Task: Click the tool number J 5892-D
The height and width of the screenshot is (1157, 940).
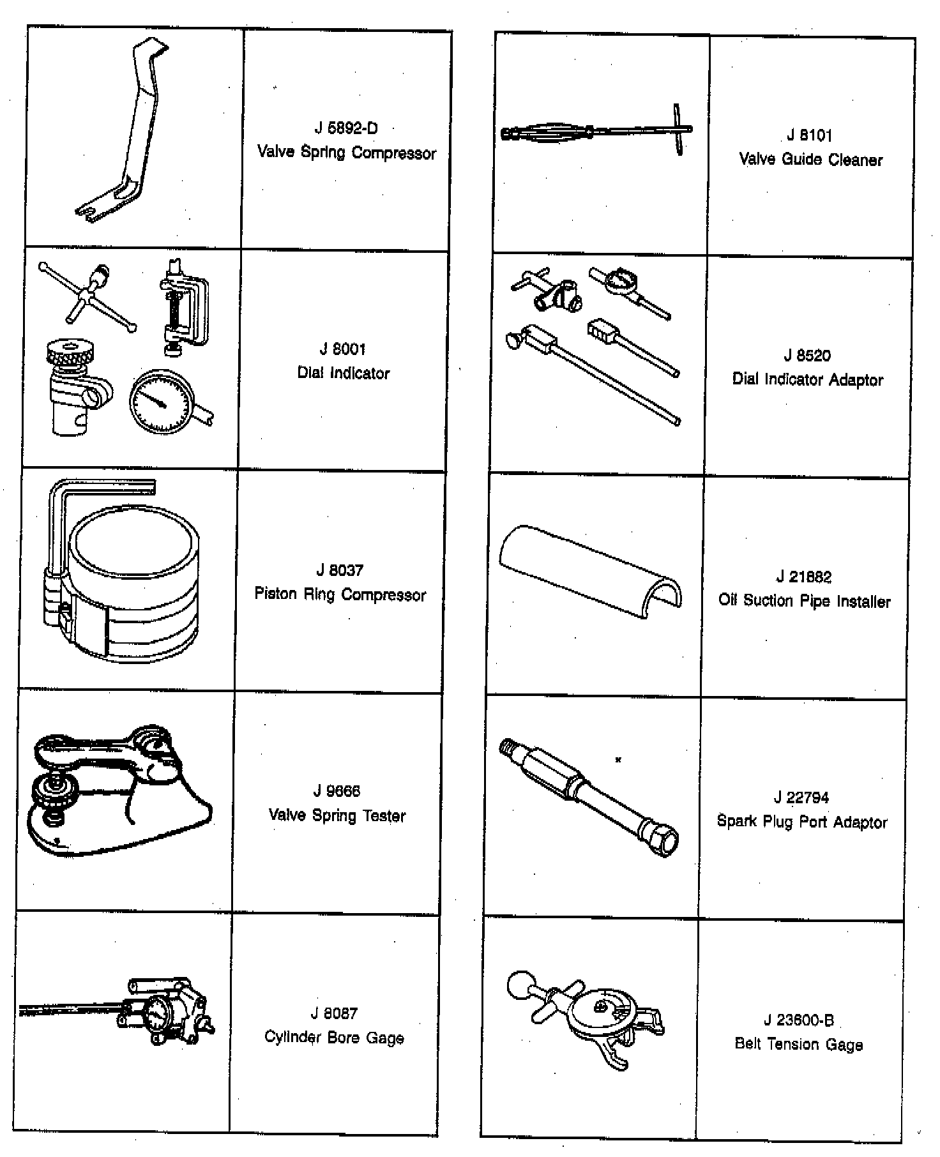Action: pyautogui.click(x=346, y=128)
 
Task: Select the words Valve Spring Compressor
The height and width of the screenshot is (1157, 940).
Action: pyautogui.click(x=346, y=153)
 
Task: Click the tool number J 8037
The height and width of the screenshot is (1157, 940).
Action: pyautogui.click(x=340, y=570)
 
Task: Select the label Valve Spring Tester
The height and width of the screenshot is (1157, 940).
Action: pyautogui.click(x=337, y=815)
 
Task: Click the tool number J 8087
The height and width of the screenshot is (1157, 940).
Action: pyautogui.click(x=334, y=1013)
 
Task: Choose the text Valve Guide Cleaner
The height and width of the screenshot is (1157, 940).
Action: pyautogui.click(x=810, y=160)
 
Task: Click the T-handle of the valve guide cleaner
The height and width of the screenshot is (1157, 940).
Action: pyautogui.click(x=679, y=130)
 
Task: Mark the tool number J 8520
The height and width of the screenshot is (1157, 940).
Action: pyautogui.click(x=807, y=356)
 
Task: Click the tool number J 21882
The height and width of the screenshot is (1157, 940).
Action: pyautogui.click(x=804, y=577)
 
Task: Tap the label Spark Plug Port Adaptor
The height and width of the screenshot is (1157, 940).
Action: pyautogui.click(x=802, y=822)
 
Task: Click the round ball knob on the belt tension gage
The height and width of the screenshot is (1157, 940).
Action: pyautogui.click(x=521, y=984)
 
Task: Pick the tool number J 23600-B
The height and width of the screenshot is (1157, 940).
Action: pyautogui.click(x=799, y=1020)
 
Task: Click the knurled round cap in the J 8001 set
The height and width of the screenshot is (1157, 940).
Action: pyautogui.click(x=72, y=351)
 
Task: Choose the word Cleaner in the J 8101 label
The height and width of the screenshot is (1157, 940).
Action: pyautogui.click(x=855, y=160)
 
